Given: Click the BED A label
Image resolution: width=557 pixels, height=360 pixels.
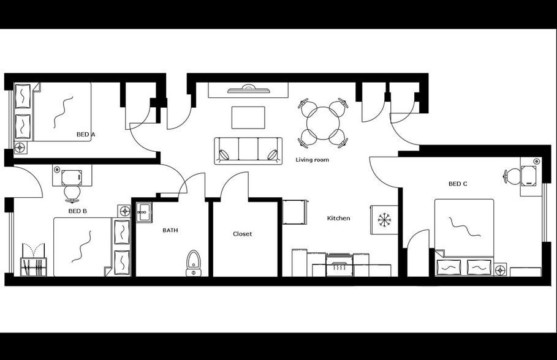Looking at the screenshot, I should [86, 134].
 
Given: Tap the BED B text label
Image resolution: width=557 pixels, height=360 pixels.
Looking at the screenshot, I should [77, 211].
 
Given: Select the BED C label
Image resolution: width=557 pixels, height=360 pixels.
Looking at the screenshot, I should [458, 184].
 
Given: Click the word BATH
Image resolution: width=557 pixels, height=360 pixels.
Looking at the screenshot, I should [170, 230].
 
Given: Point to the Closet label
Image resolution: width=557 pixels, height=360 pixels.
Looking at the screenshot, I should [242, 234].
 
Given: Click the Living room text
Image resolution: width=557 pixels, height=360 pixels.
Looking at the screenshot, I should [313, 160].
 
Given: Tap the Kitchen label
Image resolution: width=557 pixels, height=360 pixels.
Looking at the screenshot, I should [338, 218].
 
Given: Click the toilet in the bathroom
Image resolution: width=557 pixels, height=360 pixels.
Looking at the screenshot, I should [193, 262].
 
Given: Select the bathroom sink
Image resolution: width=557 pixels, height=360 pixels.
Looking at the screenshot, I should [144, 213].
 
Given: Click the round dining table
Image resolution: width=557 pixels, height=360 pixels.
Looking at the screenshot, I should [323, 123].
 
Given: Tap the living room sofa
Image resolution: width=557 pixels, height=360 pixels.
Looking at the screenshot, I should [248, 151].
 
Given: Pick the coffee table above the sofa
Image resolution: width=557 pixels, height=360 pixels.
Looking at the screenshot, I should [248, 117].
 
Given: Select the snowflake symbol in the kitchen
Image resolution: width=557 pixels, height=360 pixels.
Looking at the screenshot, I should [384, 219].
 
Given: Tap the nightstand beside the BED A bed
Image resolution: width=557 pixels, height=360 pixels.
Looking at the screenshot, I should [20, 148].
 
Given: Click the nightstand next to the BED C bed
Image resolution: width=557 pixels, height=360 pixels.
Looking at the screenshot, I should [501, 269].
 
